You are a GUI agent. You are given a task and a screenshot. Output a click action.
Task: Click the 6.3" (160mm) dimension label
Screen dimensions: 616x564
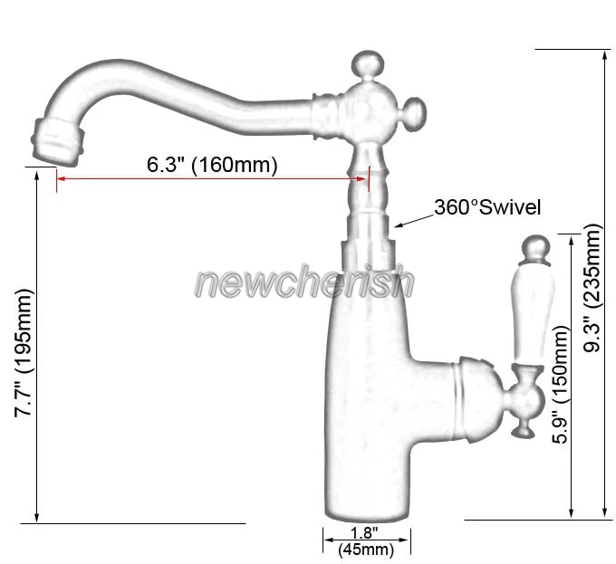point(212,165)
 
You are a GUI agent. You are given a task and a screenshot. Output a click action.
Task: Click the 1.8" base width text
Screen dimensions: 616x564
point(364,534)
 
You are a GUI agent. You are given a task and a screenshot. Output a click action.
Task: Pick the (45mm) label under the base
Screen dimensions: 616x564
point(366,550)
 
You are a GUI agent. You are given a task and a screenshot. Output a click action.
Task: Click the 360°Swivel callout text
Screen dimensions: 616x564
point(486,207)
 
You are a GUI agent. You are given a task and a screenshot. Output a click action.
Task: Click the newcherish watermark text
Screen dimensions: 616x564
point(304,282)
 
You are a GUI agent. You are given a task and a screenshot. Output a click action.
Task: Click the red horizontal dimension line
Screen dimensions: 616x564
point(212,179)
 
